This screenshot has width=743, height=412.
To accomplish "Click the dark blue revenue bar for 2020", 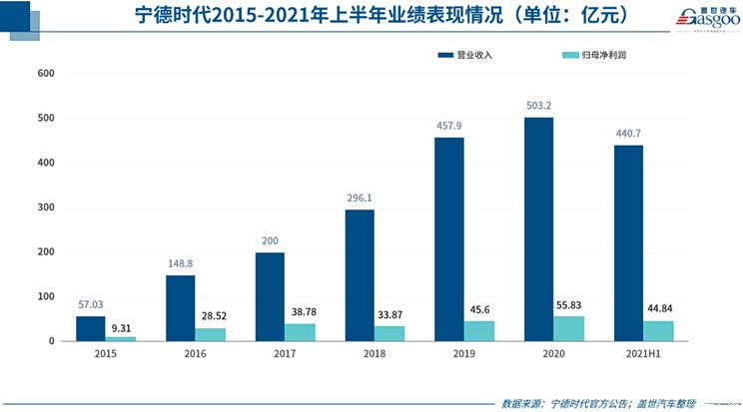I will click(x=539, y=229).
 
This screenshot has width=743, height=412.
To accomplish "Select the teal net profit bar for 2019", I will click(x=480, y=331).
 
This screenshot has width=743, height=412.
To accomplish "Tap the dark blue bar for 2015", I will click(x=90, y=328).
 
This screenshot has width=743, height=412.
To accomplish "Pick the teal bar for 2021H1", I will click(x=659, y=331).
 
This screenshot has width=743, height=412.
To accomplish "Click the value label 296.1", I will click(x=360, y=200).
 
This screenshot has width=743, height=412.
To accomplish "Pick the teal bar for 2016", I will click(x=211, y=334).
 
